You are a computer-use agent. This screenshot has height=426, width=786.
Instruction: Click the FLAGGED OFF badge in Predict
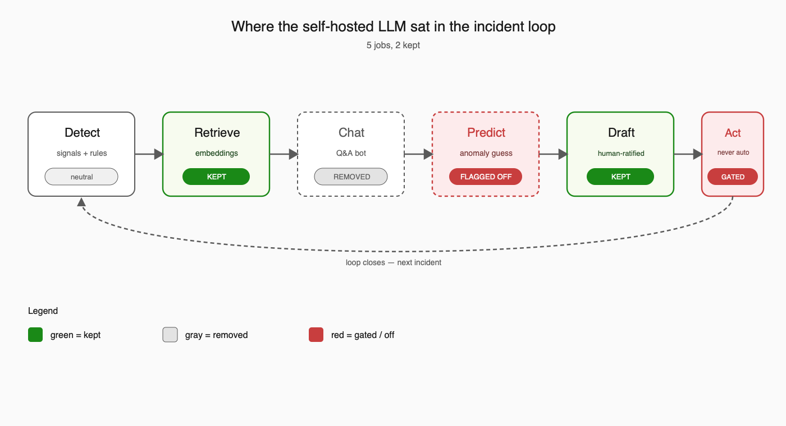[x=486, y=177]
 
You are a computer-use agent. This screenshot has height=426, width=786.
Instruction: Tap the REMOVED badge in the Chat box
[x=351, y=177]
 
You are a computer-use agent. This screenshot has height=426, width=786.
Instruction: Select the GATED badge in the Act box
[x=733, y=177]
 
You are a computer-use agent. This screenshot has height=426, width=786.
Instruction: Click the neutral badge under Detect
[x=81, y=177]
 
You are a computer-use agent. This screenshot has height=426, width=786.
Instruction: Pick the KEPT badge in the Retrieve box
[x=216, y=177]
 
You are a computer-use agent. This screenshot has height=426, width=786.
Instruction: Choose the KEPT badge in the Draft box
[x=620, y=177]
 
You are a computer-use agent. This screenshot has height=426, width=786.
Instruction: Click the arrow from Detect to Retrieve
[x=149, y=154]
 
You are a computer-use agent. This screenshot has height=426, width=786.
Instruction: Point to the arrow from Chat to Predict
[x=419, y=154]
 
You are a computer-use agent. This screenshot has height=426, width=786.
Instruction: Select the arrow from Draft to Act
[x=688, y=154]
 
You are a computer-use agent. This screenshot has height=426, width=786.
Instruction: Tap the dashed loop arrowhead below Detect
[x=81, y=202]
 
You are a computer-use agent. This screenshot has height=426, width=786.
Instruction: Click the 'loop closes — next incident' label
[x=394, y=262]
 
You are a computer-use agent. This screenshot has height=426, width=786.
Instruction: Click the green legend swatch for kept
[x=35, y=335]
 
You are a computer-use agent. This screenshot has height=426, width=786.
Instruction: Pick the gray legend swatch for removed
[x=170, y=335]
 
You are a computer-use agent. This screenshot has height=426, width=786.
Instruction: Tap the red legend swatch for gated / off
[x=316, y=335]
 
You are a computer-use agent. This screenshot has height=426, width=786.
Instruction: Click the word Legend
[x=43, y=311]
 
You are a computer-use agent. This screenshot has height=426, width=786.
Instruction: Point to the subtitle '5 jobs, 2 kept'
[x=393, y=45]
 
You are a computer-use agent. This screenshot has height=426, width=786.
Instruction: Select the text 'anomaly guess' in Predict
[x=486, y=153]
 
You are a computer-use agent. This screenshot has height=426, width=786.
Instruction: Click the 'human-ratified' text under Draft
[x=621, y=153]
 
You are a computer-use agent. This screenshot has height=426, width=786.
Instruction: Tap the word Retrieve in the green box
[x=217, y=132]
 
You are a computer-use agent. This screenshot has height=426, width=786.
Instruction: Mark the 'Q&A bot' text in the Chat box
[x=351, y=153]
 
